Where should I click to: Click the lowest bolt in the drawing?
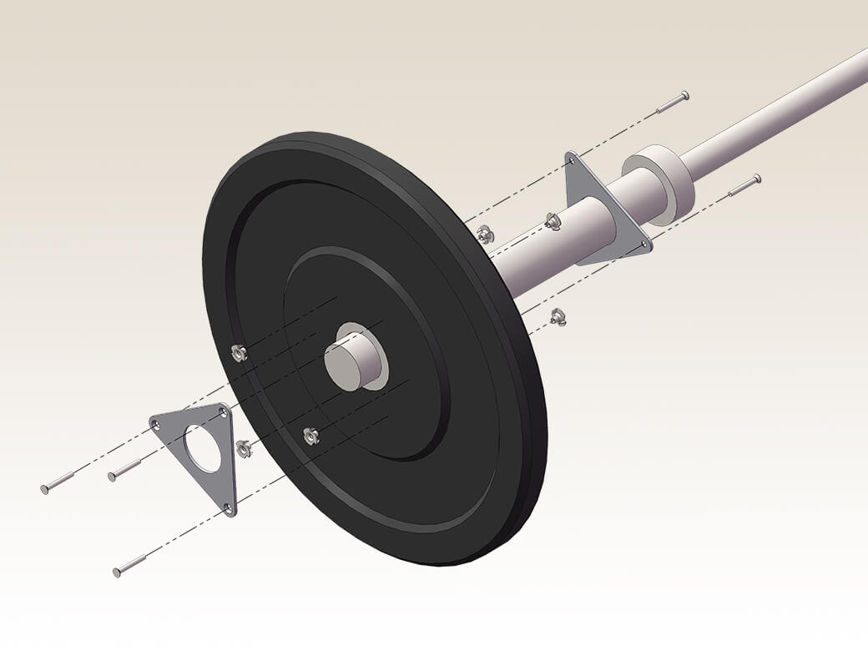click(129, 567)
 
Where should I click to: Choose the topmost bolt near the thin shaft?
click(672, 103)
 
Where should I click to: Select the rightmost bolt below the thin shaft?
click(744, 185)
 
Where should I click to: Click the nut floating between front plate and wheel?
click(244, 449)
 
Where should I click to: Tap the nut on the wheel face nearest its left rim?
click(239, 353)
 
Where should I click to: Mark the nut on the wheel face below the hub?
click(310, 436)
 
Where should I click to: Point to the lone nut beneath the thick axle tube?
click(558, 316)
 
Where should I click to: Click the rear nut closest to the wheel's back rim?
click(485, 235)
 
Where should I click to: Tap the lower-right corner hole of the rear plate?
click(643, 245)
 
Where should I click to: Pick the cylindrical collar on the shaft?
click(659, 184)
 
